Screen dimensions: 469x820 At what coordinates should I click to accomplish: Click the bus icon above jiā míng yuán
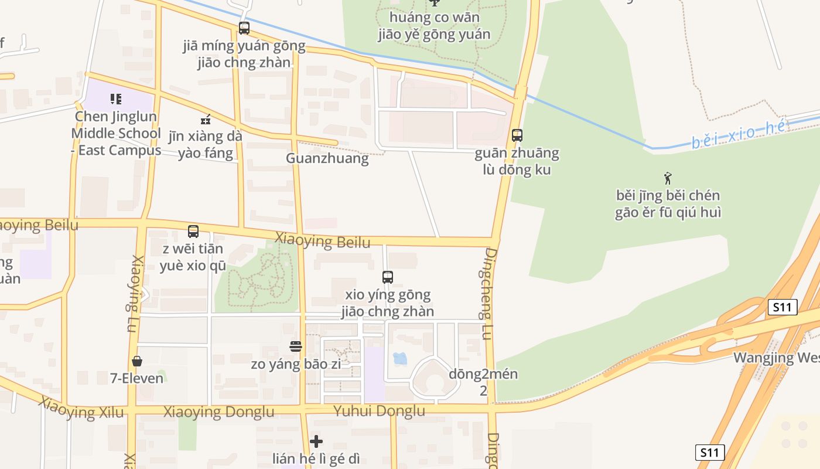pos(244,28)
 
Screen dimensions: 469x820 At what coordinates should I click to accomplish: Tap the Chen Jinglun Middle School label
pos(116,133)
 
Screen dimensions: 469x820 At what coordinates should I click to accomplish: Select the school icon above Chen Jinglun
pos(116,99)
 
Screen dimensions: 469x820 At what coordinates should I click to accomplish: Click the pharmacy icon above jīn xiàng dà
pos(206,120)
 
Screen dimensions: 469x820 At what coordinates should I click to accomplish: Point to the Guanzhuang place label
pos(327,158)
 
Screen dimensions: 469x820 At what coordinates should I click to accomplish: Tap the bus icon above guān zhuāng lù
pos(517,135)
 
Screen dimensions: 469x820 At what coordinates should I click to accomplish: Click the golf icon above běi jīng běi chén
pos(668,178)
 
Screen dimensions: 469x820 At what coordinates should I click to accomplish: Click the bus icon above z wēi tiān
pos(193,232)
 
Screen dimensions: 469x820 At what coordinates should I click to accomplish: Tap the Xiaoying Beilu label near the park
pos(322,242)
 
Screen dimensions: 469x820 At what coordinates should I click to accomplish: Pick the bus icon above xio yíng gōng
pos(387,277)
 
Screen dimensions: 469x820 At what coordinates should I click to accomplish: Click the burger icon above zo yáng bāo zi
pos(296,346)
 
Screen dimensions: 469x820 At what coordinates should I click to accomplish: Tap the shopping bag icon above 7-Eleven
pos(137,361)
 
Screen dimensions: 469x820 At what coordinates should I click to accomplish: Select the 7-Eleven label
pos(137,378)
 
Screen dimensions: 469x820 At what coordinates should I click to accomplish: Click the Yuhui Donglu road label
pos(379,411)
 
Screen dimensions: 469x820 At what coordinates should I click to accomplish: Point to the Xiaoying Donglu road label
pos(218,412)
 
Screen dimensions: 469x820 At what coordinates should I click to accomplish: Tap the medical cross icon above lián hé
pos(316,441)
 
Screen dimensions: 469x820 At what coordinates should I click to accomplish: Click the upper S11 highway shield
pos(783,307)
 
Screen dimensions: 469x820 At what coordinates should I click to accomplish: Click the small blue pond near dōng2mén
pos(400,358)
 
